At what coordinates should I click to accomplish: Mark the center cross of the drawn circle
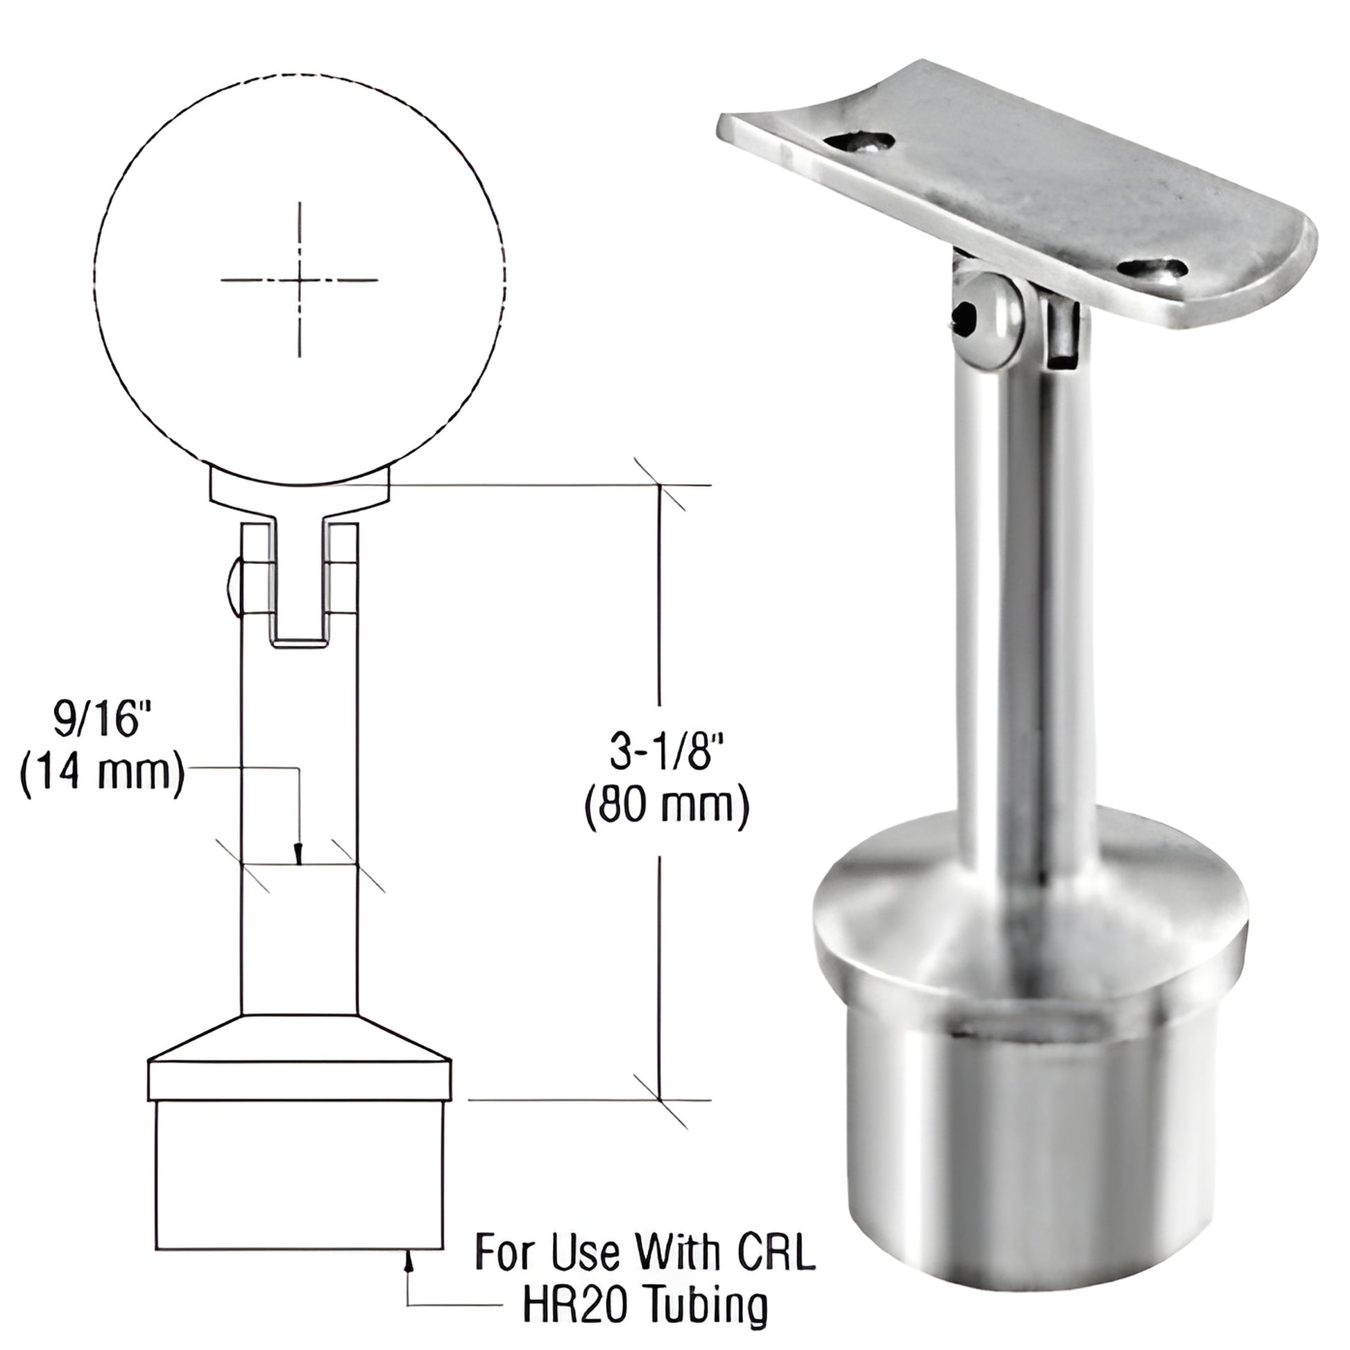tap(300, 280)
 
